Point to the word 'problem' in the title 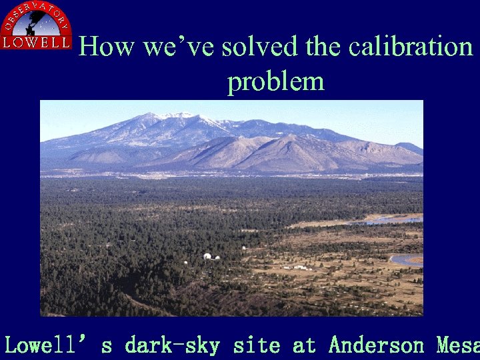click(275, 82)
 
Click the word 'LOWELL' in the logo click(36, 43)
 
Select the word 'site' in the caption click(257, 345)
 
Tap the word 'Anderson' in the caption click(376, 345)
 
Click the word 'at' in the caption click(305, 345)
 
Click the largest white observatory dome click(207, 256)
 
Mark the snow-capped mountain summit click(175, 117)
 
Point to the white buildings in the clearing click(300, 267)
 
